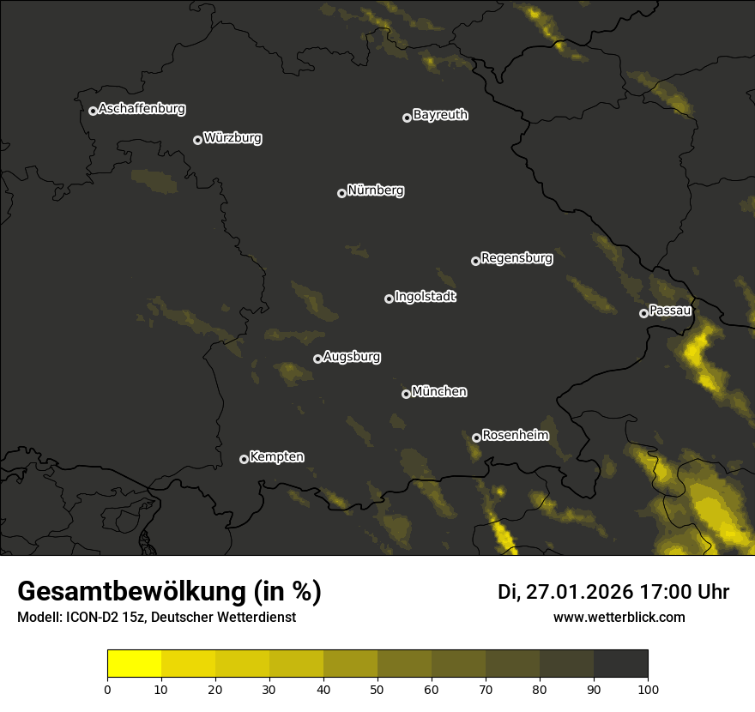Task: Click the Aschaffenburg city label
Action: (x=142, y=109)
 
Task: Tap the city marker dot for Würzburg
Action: (x=197, y=140)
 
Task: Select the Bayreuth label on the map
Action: (x=440, y=115)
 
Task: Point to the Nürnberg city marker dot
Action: (x=341, y=193)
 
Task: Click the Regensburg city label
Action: (x=516, y=257)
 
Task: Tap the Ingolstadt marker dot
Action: (x=389, y=299)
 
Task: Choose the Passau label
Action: (x=670, y=310)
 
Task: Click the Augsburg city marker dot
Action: (x=317, y=359)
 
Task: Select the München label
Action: (x=439, y=391)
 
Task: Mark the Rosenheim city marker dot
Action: (x=476, y=437)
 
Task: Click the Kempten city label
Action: (x=276, y=456)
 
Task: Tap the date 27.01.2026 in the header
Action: (x=581, y=592)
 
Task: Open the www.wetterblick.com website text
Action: (x=619, y=617)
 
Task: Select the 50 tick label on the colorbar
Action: (x=377, y=688)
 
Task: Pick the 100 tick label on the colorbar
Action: (x=647, y=688)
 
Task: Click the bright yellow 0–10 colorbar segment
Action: (x=135, y=664)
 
